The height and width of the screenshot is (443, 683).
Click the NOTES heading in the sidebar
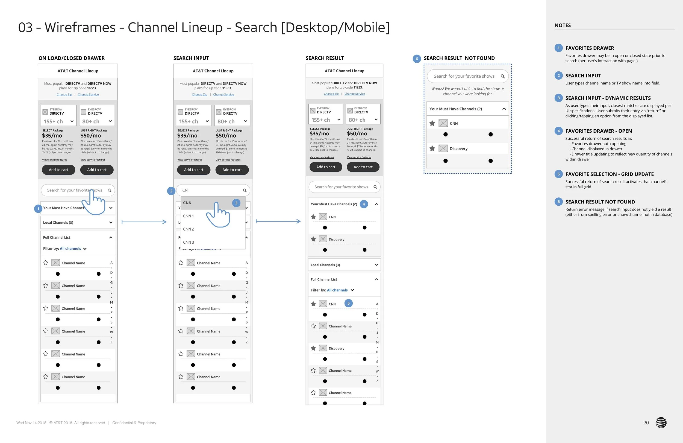coord(563,25)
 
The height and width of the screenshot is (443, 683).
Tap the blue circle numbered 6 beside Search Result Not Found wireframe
coord(417,59)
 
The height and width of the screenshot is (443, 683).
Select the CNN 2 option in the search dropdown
coord(189,229)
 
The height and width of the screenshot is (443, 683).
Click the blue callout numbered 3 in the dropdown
coord(236,203)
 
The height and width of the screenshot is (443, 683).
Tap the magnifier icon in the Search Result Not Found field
coord(502,76)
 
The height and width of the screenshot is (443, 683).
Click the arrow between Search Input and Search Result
coord(278,221)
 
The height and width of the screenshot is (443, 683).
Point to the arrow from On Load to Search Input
coord(144,222)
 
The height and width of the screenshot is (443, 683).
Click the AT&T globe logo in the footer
coord(661,422)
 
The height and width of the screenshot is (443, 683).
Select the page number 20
coord(646,422)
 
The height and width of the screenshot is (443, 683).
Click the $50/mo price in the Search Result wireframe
coord(357,134)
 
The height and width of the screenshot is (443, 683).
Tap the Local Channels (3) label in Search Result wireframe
coord(325,265)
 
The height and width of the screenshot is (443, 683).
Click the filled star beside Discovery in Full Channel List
coord(313,348)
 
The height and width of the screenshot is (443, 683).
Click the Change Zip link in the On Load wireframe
coord(64,95)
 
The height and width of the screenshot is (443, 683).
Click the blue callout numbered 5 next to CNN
coord(348,303)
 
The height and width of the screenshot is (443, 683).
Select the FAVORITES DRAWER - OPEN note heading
coord(598,131)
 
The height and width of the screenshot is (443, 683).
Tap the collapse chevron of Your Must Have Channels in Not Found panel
coord(504,109)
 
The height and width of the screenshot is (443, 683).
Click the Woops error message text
coord(467,91)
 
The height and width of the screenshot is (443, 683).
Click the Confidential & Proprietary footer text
coord(134,423)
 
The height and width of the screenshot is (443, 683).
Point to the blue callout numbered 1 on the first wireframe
coord(38,209)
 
